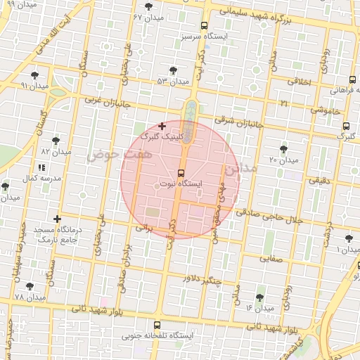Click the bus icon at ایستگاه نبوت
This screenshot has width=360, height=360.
pyautogui.click(x=181, y=172)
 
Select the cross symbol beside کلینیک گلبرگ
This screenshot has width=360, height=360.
pyautogui.click(x=162, y=127)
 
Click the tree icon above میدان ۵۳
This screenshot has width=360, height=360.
pyautogui.click(x=173, y=70)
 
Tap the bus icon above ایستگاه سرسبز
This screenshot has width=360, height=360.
pyautogui.click(x=204, y=25)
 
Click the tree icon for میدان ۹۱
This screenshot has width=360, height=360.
pyautogui.click(x=34, y=75)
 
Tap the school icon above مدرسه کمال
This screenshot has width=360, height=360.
pyautogui.click(x=40, y=168)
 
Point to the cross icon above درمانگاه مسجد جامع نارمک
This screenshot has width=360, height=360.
pyautogui.click(x=57, y=219)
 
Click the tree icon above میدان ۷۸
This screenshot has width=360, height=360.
pyautogui.click(x=29, y=286)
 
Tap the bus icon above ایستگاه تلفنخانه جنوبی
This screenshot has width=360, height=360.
pyautogui.click(x=156, y=325)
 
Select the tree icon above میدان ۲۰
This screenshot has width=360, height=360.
pyautogui.click(x=283, y=149)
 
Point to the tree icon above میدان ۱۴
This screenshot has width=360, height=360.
pyautogui.click(x=260, y=297)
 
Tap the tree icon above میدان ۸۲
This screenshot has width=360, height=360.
pyautogui.click(x=56, y=141)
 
